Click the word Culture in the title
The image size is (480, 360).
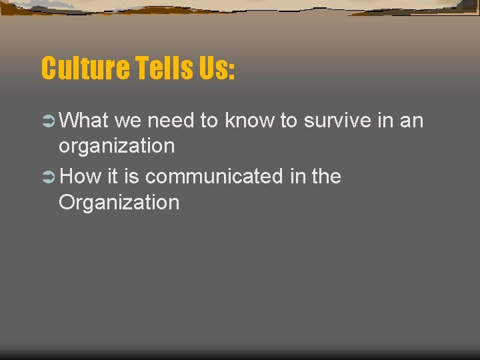(x=85, y=68)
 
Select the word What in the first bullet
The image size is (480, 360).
(x=83, y=121)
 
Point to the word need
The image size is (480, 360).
(x=170, y=121)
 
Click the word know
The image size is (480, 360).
(x=249, y=121)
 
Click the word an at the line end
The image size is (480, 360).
(x=411, y=121)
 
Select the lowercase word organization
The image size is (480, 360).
(x=117, y=146)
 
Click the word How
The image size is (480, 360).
(x=80, y=177)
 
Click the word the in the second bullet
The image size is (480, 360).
(x=326, y=177)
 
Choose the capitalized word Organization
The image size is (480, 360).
(x=119, y=202)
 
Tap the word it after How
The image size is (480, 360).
(x=111, y=177)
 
